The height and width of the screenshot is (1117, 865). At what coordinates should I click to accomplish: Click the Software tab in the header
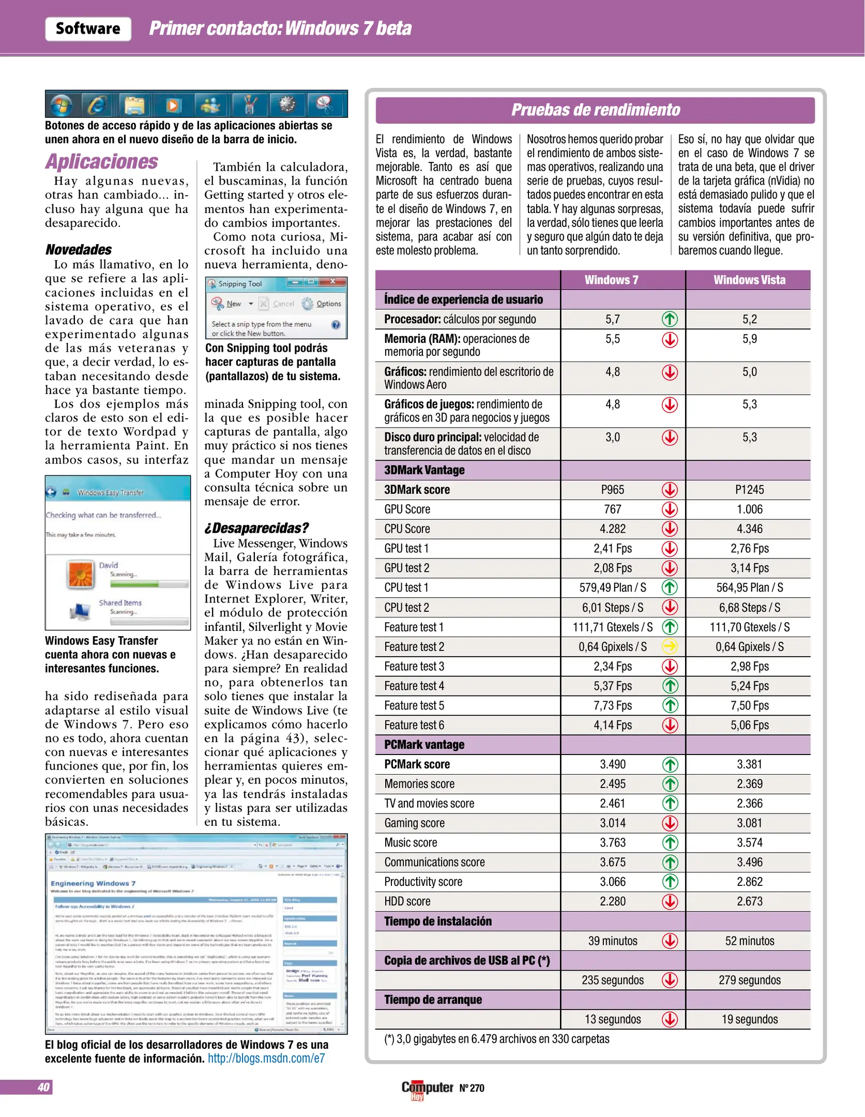click(88, 28)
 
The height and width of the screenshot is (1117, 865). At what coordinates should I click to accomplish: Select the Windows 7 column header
click(611, 280)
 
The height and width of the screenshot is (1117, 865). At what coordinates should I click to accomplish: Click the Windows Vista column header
click(749, 280)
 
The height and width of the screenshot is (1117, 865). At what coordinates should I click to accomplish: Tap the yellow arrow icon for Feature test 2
click(670, 646)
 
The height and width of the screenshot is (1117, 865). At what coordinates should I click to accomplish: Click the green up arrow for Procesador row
click(670, 319)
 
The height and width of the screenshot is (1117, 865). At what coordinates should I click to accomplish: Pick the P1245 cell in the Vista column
click(749, 489)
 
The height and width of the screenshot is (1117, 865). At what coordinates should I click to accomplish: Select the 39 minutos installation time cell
click(613, 941)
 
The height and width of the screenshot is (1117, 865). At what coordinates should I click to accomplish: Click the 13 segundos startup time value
click(613, 1019)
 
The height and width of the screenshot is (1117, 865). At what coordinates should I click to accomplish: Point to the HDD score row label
click(407, 901)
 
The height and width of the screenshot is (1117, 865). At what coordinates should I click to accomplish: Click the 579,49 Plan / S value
click(613, 587)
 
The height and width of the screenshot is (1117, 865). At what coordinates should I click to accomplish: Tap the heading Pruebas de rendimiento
click(595, 110)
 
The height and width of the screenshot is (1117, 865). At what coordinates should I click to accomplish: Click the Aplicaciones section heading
click(101, 161)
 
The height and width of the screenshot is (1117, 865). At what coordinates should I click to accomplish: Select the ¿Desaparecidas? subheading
click(256, 528)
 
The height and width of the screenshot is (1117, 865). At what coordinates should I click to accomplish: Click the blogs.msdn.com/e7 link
click(266, 1058)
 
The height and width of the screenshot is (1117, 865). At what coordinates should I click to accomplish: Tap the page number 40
click(43, 1087)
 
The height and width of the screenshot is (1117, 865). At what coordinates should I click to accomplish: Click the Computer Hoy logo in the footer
click(427, 1088)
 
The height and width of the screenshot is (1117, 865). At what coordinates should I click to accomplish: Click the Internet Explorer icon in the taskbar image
click(97, 105)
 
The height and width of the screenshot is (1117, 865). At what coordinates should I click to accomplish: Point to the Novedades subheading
click(78, 250)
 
